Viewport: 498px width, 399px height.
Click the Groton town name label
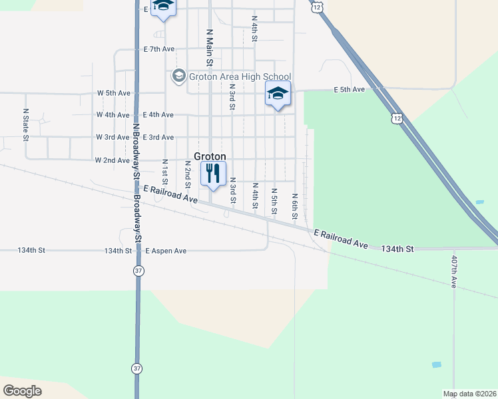[x=210, y=156]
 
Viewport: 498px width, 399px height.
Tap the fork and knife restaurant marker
[x=212, y=174]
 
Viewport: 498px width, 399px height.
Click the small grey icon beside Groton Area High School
[x=178, y=76]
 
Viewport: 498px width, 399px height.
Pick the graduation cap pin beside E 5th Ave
[x=278, y=94]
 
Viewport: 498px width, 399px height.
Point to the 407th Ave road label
[x=454, y=271]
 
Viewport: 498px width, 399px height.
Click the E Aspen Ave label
[x=166, y=251]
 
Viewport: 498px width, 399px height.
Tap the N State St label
[x=26, y=125]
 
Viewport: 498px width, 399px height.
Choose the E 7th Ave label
[x=158, y=49]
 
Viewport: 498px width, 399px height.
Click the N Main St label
[x=209, y=47]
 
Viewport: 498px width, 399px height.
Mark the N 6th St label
[x=294, y=205]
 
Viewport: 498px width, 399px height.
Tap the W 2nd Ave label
[x=113, y=160]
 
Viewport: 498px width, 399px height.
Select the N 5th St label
[x=274, y=201]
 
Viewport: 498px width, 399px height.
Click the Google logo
[x=22, y=391]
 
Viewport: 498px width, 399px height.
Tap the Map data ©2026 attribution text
[x=469, y=394]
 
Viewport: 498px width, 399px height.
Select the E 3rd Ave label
[x=158, y=137]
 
